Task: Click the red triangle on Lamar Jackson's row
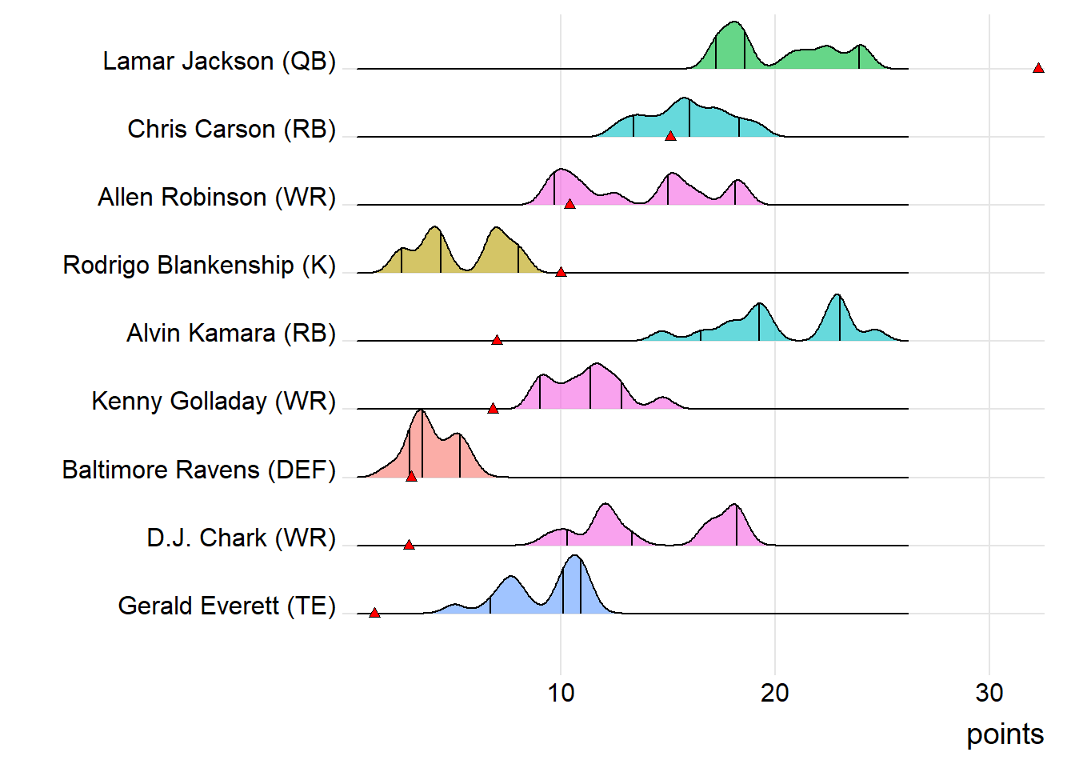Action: point(1038,69)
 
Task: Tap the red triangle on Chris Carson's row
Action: point(670,137)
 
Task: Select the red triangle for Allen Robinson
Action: point(569,205)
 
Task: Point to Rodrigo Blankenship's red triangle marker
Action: point(561,273)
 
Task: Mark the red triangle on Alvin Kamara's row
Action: point(497,341)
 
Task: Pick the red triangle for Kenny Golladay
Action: point(493,409)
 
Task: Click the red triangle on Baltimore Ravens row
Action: point(411,477)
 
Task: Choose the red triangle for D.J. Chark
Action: point(409,546)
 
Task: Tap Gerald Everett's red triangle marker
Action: point(374,614)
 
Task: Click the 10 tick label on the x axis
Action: point(561,693)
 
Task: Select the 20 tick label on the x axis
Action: point(775,693)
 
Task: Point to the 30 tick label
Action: point(989,693)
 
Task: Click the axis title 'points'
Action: point(1005,734)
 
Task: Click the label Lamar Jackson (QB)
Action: point(219,62)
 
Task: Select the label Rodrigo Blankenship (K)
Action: point(199,266)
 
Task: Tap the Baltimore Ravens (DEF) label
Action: point(199,470)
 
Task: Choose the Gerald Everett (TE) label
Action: point(227,606)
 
